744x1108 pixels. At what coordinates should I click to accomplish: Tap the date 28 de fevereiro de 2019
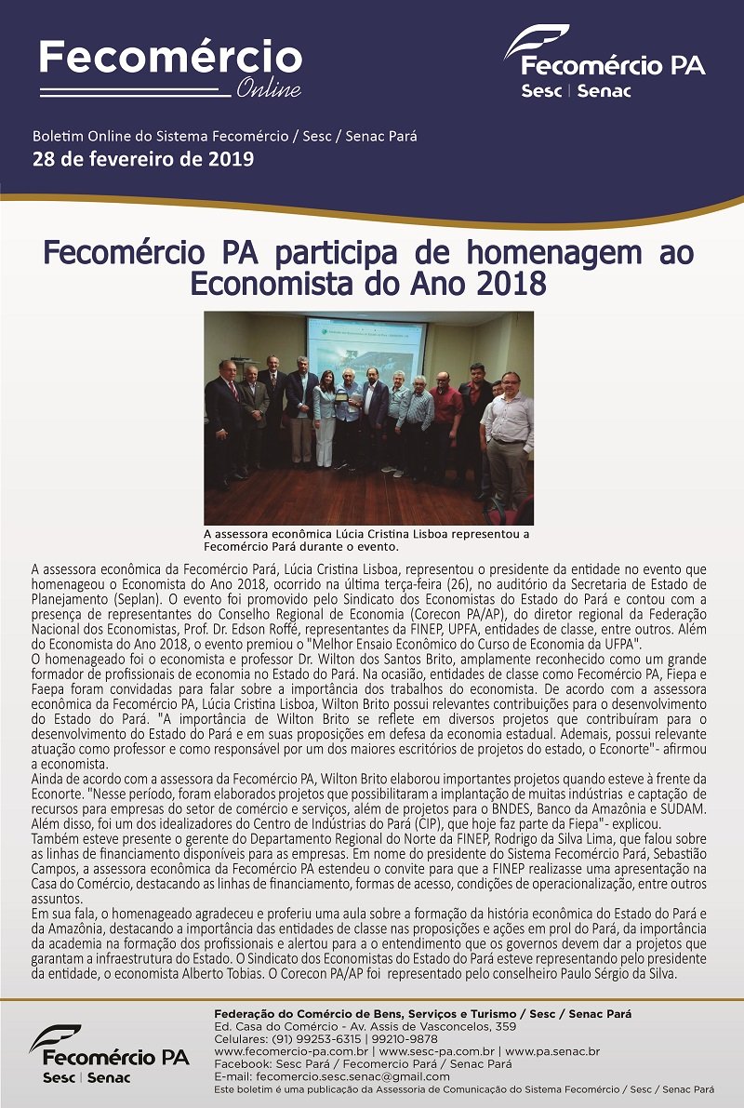143,158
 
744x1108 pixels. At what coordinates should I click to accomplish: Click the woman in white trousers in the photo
325,419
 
